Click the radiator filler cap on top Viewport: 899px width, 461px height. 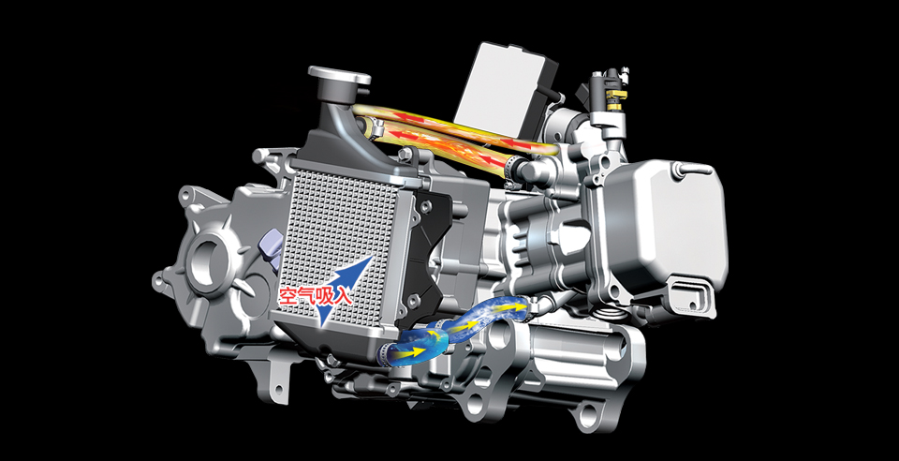point(339,76)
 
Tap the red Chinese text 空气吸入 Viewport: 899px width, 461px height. point(315,296)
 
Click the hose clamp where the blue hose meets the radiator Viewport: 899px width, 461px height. point(384,354)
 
